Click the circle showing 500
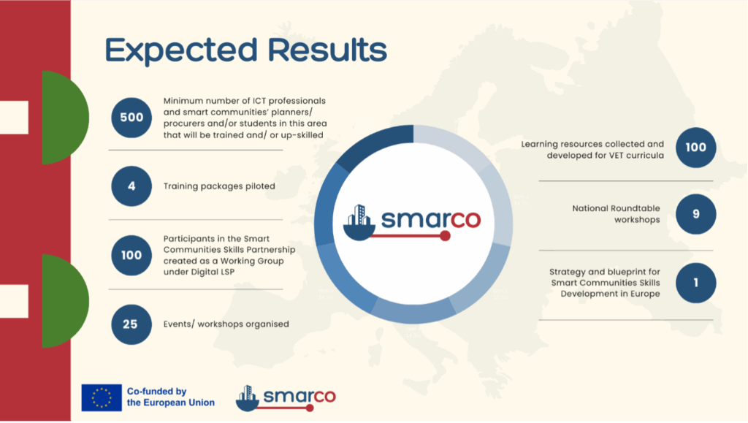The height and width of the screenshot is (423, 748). (x=131, y=118)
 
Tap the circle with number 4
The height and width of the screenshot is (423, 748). (x=131, y=186)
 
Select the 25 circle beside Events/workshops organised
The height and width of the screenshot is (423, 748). (x=131, y=324)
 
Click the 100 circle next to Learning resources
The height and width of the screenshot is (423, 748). (x=696, y=148)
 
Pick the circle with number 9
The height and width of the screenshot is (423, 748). (x=696, y=214)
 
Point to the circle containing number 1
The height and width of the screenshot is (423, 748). (x=696, y=283)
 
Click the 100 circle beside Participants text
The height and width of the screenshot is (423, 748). (x=131, y=255)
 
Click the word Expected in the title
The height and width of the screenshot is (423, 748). (x=181, y=50)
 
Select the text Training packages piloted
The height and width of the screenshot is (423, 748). (x=219, y=186)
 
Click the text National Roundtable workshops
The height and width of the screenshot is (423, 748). (x=617, y=214)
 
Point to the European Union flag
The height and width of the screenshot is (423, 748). (x=102, y=397)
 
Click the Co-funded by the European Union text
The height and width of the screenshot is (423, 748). (x=171, y=397)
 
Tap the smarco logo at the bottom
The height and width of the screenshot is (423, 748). (x=286, y=398)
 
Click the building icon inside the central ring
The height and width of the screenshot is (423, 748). (x=359, y=222)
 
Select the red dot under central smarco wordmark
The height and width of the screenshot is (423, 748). (x=445, y=235)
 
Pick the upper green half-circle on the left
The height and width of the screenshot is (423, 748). (x=64, y=118)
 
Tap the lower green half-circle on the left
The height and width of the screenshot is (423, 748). (x=64, y=302)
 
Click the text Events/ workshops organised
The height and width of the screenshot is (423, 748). (x=226, y=324)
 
